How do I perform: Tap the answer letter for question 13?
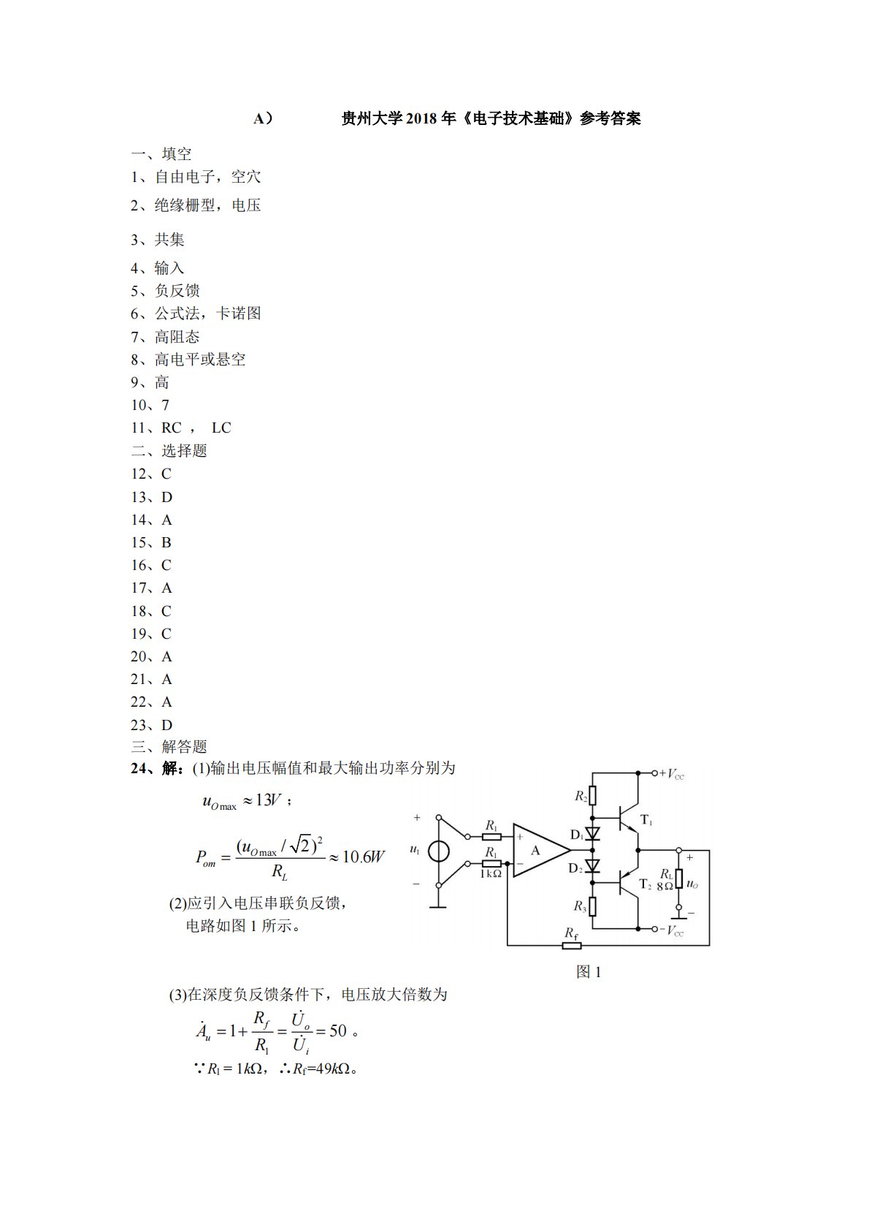click(x=167, y=498)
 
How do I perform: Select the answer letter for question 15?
click(x=166, y=543)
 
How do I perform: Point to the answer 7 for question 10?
click(x=166, y=406)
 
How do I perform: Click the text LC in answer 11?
click(x=221, y=428)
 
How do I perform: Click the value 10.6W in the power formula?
click(x=363, y=857)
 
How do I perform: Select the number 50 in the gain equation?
click(x=338, y=1031)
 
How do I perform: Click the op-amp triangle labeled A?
click(x=537, y=850)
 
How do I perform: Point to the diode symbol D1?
click(x=593, y=833)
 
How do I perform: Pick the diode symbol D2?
click(x=593, y=867)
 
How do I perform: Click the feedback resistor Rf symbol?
click(x=571, y=946)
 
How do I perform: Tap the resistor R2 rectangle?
click(x=593, y=796)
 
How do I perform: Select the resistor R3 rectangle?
click(x=593, y=907)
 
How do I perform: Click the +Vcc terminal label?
click(x=671, y=774)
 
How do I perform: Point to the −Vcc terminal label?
click(x=671, y=930)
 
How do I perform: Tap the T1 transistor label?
click(x=646, y=821)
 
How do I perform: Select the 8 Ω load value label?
click(x=665, y=886)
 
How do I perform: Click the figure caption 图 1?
click(x=589, y=972)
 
